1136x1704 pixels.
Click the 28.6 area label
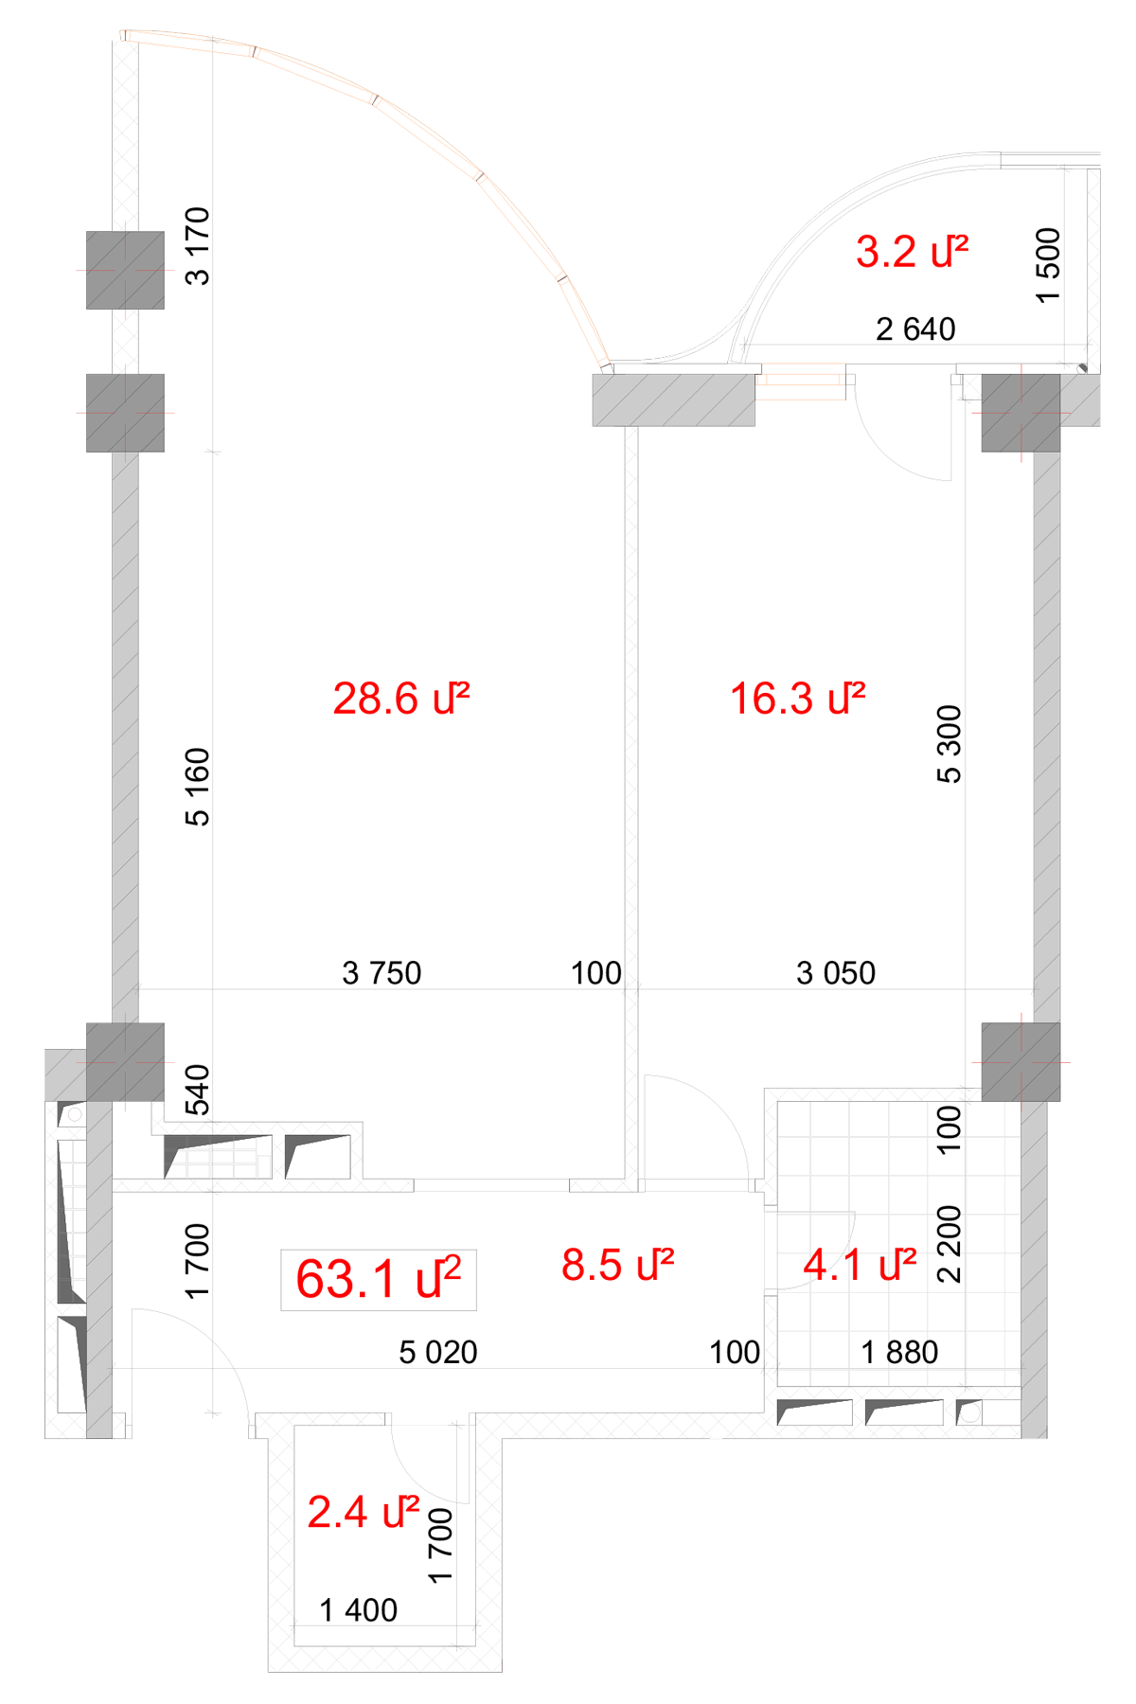click(x=401, y=699)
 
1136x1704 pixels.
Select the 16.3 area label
click(x=797, y=699)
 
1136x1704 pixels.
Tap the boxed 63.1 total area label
click(x=379, y=1280)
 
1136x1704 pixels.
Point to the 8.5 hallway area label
click(x=617, y=1265)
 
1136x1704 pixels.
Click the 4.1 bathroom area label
click(x=860, y=1265)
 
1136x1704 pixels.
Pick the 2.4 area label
click(x=364, y=1512)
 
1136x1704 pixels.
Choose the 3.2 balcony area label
click(x=912, y=252)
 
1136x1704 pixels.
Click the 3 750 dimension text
click(x=382, y=973)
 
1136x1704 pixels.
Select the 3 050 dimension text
click(x=836, y=973)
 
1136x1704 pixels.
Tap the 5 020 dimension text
click(x=438, y=1353)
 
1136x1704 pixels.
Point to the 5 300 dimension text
click(x=950, y=744)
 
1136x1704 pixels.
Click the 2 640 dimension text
click(x=915, y=329)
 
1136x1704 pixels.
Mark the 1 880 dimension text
click(x=899, y=1353)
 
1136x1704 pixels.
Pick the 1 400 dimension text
click(x=359, y=1610)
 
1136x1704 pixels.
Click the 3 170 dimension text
click(x=198, y=246)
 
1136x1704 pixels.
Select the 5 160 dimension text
click(x=198, y=788)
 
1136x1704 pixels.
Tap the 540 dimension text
click(x=198, y=1091)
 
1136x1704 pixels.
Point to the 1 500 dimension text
click(x=1049, y=265)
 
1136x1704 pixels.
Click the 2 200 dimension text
click(x=950, y=1244)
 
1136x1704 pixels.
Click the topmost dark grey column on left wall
click(x=125, y=270)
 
